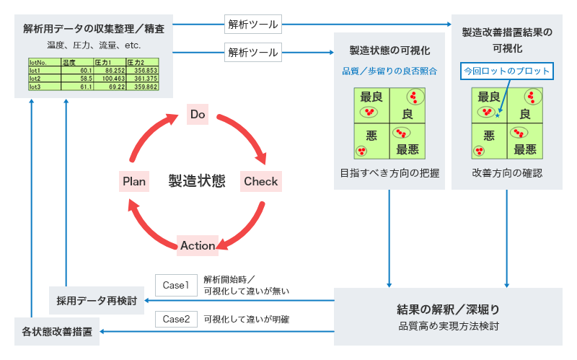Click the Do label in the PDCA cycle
(x=198, y=114)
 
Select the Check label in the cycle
(x=260, y=181)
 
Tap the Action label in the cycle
(x=198, y=245)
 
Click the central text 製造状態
(x=197, y=180)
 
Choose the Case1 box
(x=175, y=285)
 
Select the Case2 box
(x=175, y=318)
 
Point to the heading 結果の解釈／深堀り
(x=448, y=309)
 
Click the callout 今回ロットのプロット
(x=507, y=71)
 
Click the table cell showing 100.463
(x=109, y=78)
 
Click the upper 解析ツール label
(x=253, y=25)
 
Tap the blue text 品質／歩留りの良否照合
(x=389, y=71)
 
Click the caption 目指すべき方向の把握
(x=389, y=173)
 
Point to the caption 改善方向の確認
(x=507, y=173)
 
